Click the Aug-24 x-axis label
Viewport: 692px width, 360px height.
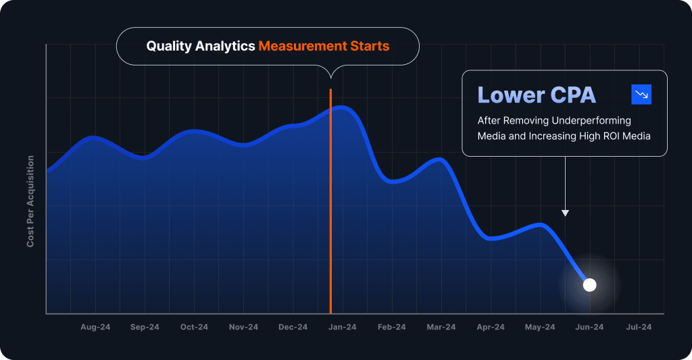pyautogui.click(x=95, y=328)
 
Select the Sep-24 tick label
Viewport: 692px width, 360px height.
pyautogui.click(x=145, y=328)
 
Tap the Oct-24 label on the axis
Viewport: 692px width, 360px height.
pyautogui.click(x=194, y=328)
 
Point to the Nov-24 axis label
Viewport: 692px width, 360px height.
pyautogui.click(x=243, y=328)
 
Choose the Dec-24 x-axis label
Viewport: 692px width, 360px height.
pyautogui.click(x=293, y=328)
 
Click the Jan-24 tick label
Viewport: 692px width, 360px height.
pyautogui.click(x=343, y=328)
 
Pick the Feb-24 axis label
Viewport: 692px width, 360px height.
pyautogui.click(x=392, y=328)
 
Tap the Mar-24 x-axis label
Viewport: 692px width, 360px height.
pyautogui.click(x=441, y=328)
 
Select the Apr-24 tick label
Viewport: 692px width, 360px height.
pyautogui.click(x=491, y=328)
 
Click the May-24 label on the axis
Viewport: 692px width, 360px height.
pyautogui.click(x=540, y=328)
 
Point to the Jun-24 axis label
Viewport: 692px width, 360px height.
pyautogui.click(x=589, y=328)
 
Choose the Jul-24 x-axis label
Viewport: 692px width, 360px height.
pyautogui.click(x=639, y=328)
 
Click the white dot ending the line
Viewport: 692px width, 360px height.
pyautogui.click(x=589, y=285)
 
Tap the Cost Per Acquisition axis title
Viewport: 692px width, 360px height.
pyautogui.click(x=30, y=201)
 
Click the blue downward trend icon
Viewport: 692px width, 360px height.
pyautogui.click(x=641, y=95)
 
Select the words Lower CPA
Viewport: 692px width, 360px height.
pyautogui.click(x=537, y=95)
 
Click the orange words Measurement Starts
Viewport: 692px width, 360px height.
pyautogui.click(x=324, y=47)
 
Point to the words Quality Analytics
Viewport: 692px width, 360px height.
pyautogui.click(x=201, y=47)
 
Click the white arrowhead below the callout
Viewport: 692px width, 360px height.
pyautogui.click(x=565, y=213)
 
